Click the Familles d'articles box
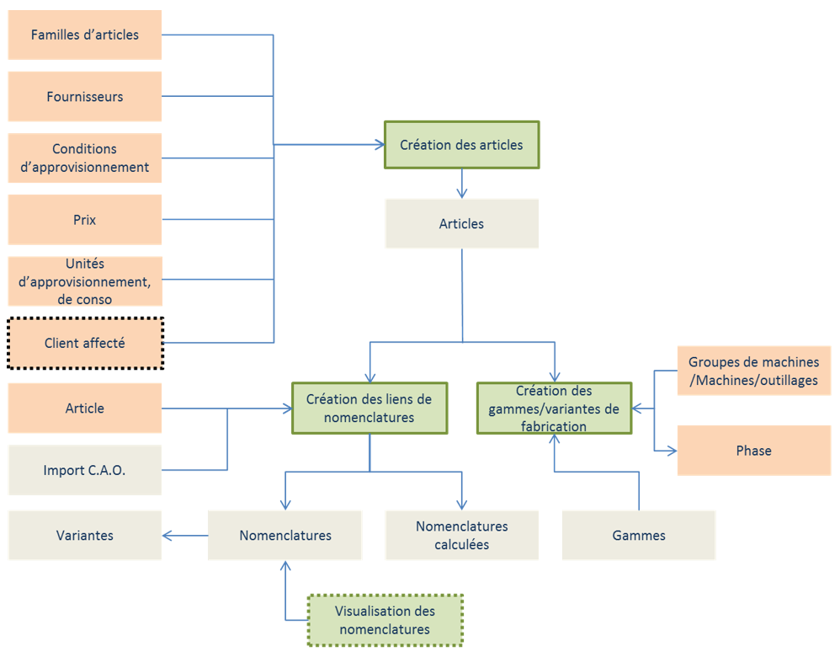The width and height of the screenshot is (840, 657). (x=84, y=35)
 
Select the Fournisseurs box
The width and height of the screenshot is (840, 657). (x=84, y=97)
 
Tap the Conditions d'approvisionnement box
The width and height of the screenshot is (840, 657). (x=84, y=158)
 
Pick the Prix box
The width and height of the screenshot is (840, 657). (x=84, y=220)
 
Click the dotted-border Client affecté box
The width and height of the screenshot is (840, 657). (x=84, y=343)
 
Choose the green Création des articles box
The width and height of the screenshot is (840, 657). (x=461, y=145)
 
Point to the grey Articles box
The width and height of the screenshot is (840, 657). (x=461, y=224)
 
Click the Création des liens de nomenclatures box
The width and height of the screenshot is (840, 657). (x=369, y=409)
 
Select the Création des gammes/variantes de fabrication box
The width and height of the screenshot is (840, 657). (x=554, y=409)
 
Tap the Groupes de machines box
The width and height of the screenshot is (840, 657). (x=753, y=371)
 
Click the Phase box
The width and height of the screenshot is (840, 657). (x=753, y=451)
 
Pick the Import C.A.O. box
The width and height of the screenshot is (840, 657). (x=84, y=470)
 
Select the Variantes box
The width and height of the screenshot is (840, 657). (x=84, y=535)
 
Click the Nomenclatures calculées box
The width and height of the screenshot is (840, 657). (x=461, y=535)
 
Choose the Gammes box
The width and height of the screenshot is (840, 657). (x=639, y=535)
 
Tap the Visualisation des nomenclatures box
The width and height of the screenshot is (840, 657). (x=385, y=621)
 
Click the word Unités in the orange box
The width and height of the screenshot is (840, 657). (x=84, y=264)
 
